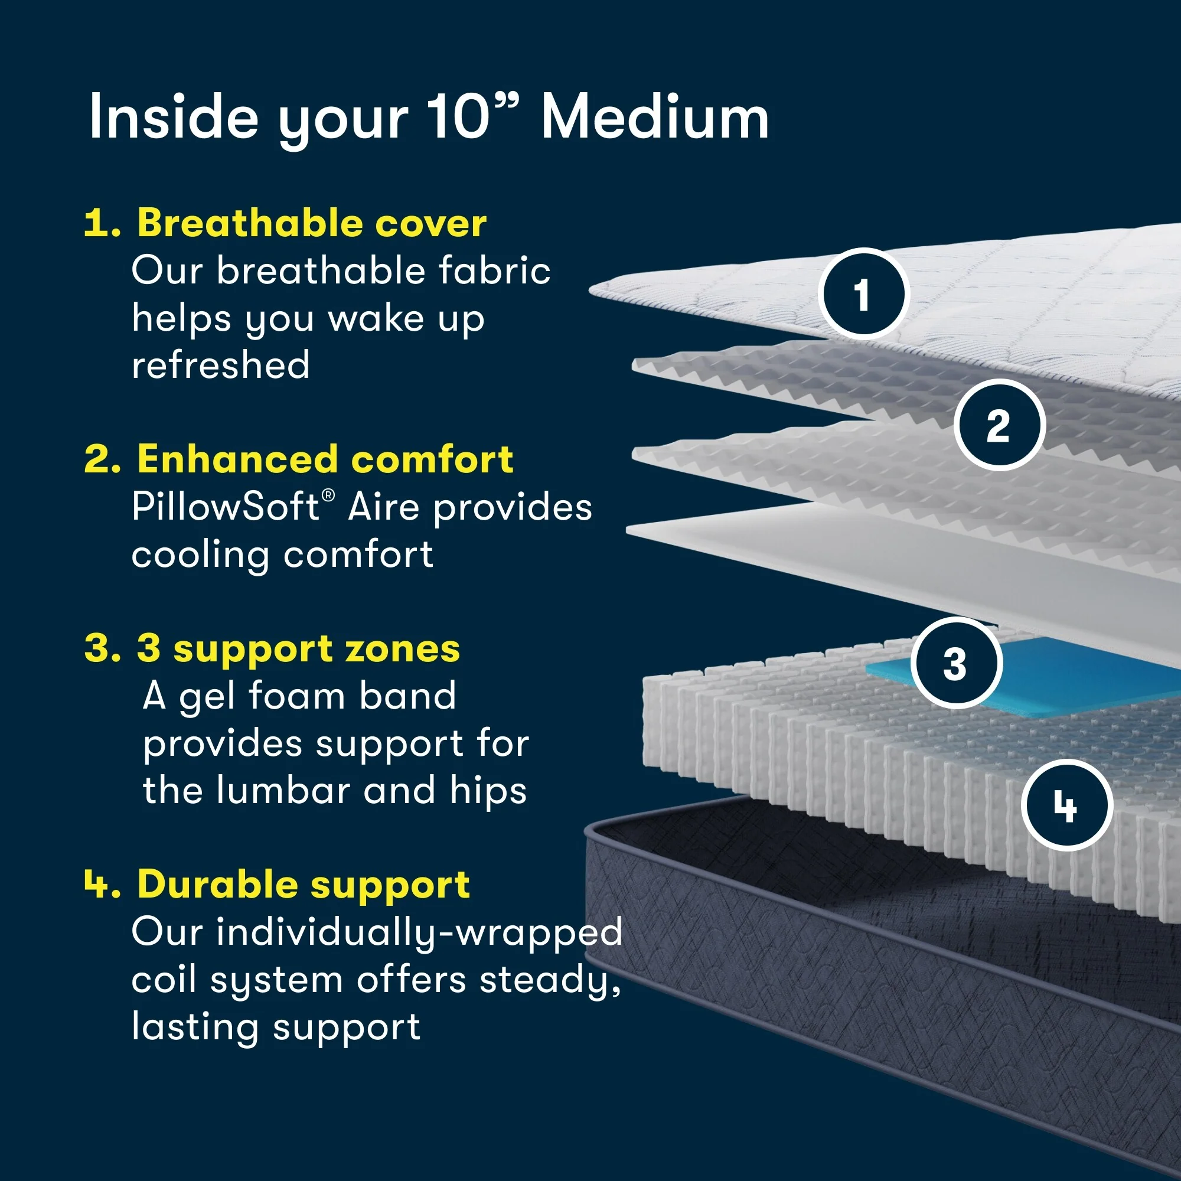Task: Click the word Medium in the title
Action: [x=655, y=118]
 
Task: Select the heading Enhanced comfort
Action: [x=325, y=459]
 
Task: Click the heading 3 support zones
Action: [x=298, y=648]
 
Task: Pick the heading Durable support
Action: [x=304, y=885]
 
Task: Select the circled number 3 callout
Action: [x=955, y=664]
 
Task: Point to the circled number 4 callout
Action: [x=1066, y=805]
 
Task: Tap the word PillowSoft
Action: [x=225, y=507]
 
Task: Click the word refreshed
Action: [x=221, y=366]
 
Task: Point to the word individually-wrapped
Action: [x=419, y=934]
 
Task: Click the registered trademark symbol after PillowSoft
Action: [x=328, y=495]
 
